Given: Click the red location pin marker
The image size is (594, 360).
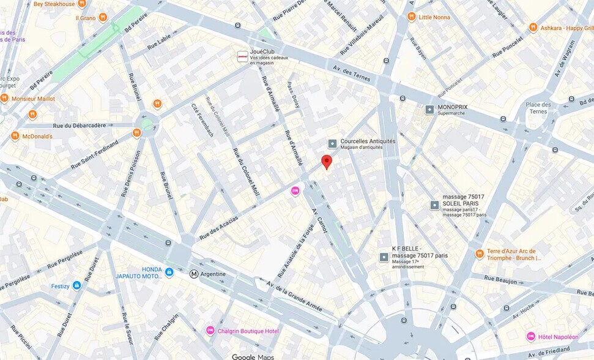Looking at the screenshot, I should tap(327, 162).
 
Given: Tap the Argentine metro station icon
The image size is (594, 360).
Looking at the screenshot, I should tap(194, 274).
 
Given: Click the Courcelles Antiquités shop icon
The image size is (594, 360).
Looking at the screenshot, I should tap(332, 144).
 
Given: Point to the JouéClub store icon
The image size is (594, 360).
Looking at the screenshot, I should tap(243, 56).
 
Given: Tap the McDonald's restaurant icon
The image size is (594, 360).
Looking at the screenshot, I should tap(15, 136).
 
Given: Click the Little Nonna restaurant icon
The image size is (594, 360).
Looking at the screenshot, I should tap(412, 17).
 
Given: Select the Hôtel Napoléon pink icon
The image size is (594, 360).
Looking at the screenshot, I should tap(531, 336).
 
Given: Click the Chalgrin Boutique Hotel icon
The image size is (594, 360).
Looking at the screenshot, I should tap(210, 331).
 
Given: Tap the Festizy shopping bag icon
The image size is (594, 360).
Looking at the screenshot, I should tap(76, 285).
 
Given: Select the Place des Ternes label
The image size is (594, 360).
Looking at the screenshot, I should tap(538, 108).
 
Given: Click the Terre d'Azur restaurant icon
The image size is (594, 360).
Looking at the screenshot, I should tap(480, 253).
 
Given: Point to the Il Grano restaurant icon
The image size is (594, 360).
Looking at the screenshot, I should tap(103, 18).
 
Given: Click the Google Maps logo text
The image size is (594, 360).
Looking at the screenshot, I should tap(253, 356).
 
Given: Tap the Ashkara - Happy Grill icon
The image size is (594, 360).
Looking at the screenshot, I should tap(533, 28).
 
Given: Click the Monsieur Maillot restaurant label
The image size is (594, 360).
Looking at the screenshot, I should tap(33, 99).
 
